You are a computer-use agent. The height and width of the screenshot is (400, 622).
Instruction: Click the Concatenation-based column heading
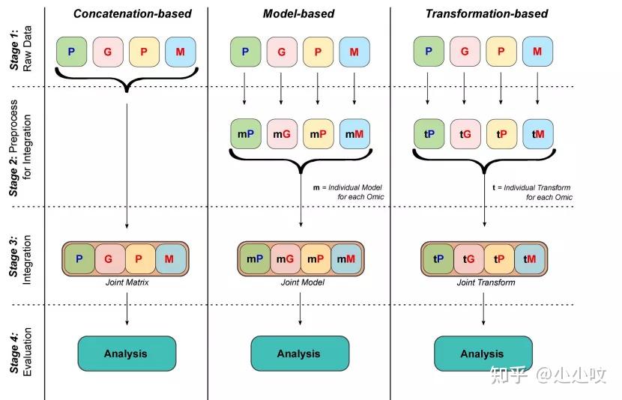[133, 14]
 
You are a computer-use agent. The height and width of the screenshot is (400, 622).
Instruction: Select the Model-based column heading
[299, 14]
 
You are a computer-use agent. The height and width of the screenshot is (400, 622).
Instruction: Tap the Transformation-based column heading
[486, 14]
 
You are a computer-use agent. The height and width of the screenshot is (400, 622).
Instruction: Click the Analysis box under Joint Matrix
[127, 354]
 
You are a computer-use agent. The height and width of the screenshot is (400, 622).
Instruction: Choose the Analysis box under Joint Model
[300, 354]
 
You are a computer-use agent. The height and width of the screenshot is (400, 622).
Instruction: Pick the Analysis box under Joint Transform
[483, 354]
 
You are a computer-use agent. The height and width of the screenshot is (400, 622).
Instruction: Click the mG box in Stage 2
[282, 134]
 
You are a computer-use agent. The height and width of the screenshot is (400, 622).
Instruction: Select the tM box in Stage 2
[538, 134]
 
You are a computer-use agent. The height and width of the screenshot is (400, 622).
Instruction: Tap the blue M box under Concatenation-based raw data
[181, 52]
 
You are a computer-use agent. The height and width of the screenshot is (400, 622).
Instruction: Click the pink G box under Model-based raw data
[282, 52]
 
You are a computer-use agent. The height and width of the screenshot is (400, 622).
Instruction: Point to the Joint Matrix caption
[127, 282]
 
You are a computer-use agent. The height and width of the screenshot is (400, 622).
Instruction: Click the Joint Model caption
[303, 282]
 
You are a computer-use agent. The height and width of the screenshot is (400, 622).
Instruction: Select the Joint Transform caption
[486, 282]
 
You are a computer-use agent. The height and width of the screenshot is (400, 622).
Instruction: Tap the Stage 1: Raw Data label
[21, 49]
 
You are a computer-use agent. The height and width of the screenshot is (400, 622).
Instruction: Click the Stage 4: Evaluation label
[21, 351]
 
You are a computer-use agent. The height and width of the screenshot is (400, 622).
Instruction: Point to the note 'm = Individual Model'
[348, 187]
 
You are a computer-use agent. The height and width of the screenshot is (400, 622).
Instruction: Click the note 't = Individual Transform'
[531, 187]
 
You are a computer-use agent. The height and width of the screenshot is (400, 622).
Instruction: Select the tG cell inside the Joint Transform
[469, 259]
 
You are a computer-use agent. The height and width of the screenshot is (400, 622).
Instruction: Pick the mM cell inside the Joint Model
[346, 259]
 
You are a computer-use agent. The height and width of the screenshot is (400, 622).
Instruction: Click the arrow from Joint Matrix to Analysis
[127, 309]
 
